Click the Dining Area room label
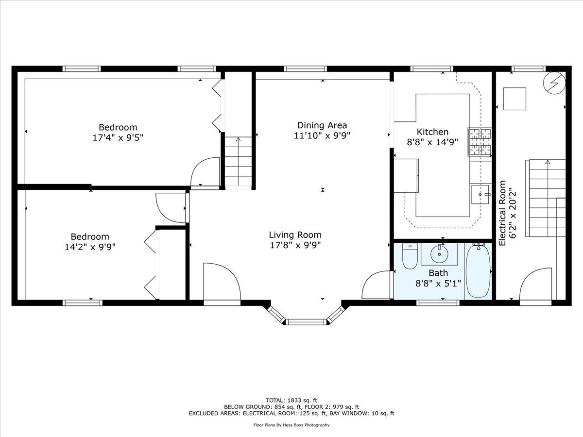point(322,125)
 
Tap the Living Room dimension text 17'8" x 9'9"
point(295,245)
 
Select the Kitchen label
point(432,132)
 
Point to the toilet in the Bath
point(410,256)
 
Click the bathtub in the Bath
point(478,270)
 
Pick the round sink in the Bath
point(439,254)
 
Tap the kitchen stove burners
point(480,141)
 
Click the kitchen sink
point(480,195)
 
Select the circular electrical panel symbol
point(554,83)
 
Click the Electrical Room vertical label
point(507,213)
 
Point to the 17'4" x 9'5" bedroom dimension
point(118,138)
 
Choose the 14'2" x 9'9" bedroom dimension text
point(90,247)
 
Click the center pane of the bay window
point(307,322)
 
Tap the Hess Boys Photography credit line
point(291,425)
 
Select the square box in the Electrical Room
point(514,99)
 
